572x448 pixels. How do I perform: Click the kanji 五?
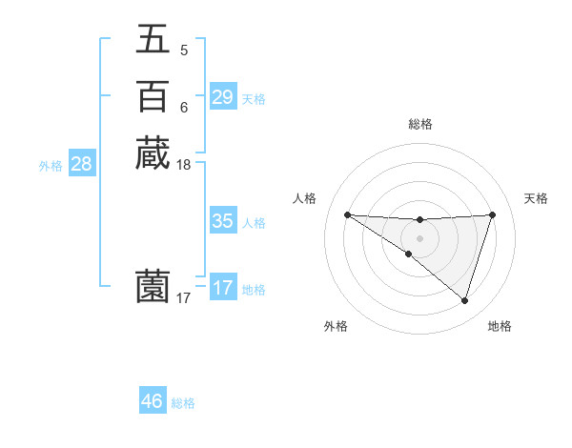153,40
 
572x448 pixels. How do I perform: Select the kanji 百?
153,96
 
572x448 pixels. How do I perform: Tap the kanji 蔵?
153,153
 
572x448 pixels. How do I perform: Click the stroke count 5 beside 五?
184,50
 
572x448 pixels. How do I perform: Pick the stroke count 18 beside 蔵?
184,164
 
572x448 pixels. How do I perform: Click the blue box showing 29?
222,97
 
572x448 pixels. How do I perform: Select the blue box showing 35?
222,221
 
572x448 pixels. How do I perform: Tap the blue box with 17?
222,288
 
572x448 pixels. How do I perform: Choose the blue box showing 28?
81,164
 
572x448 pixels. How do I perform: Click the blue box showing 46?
152,401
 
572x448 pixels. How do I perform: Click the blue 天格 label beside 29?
254,99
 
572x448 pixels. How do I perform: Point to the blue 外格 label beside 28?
51,166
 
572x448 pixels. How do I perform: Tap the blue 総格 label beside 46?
183,403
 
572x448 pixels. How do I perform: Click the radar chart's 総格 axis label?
419,124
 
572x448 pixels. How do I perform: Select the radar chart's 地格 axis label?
500,326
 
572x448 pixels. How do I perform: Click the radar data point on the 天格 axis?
493,214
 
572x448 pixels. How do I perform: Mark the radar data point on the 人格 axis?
347,214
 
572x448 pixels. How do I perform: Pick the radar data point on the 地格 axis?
464,300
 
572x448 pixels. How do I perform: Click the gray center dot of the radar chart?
419,237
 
